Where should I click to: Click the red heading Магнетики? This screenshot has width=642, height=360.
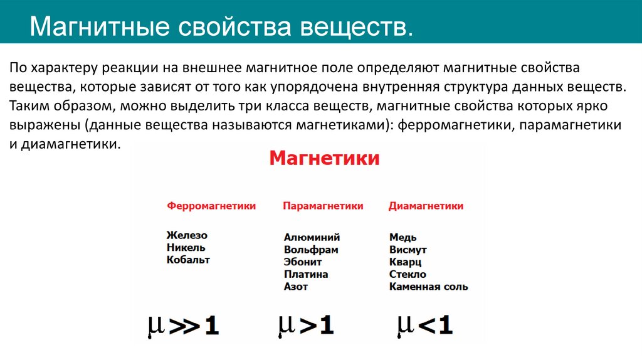coord(325,158)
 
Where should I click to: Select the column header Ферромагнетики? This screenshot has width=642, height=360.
coord(211,206)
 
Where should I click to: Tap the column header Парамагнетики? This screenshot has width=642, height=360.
coord(323,206)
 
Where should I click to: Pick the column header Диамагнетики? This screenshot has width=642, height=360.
coord(426,206)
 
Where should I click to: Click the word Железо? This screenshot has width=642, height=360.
coord(187,235)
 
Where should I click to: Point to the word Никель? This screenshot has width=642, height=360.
coord(186,247)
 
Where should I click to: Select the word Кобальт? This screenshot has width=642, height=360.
coord(189,260)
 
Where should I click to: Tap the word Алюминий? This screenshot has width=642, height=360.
coord(312,237)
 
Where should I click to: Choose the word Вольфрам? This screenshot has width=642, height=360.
coord(311,250)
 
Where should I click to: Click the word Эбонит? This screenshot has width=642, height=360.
coord(302,262)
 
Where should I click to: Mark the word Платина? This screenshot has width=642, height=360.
coord(306,275)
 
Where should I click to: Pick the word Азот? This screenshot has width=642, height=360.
coord(296,287)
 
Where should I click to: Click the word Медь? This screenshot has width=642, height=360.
coord(403,237)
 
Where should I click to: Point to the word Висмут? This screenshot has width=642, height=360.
coord(408,250)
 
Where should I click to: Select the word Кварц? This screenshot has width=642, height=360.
coord(405,262)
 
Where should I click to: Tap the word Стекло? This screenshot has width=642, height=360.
coord(408,275)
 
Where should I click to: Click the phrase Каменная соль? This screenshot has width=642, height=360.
coord(428,287)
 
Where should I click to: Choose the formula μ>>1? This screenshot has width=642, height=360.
coord(183,326)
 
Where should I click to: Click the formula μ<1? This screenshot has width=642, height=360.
coord(424,324)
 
